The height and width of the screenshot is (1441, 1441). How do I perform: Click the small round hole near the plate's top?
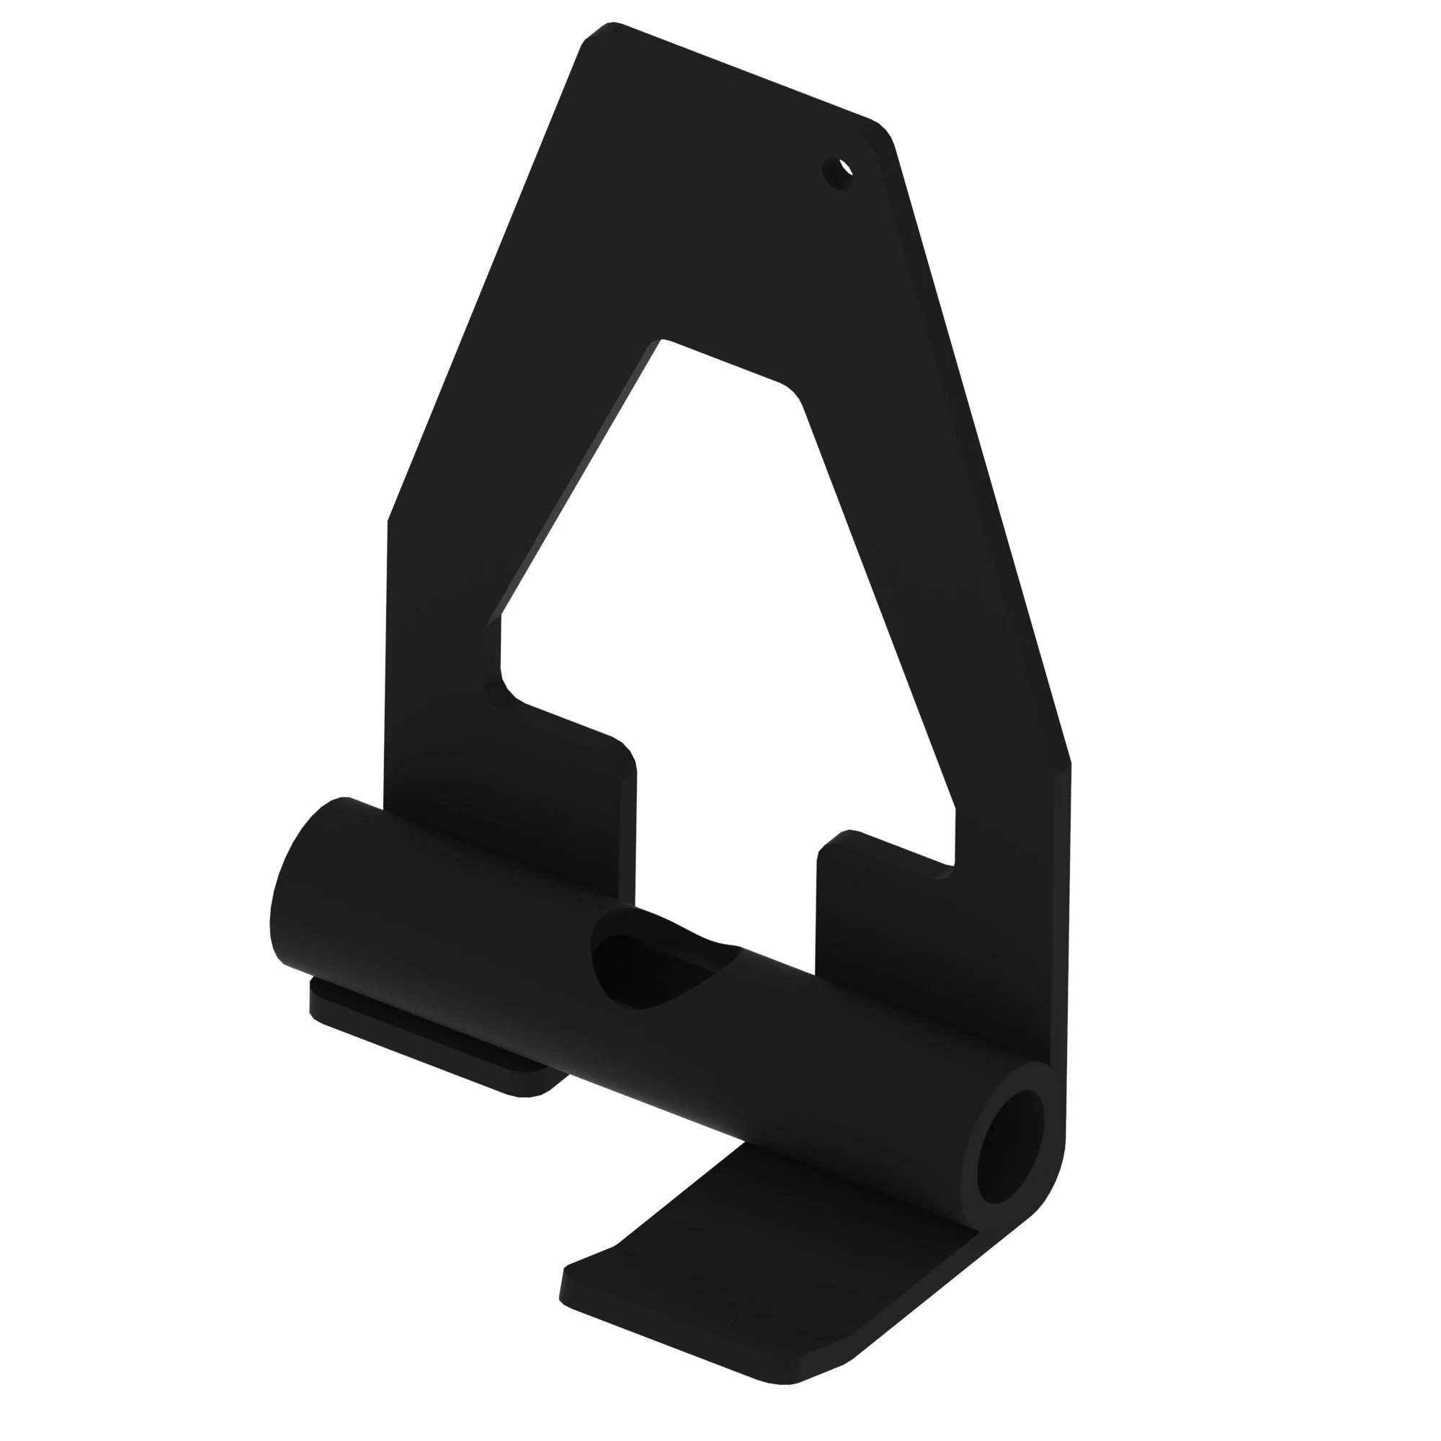pos(839,173)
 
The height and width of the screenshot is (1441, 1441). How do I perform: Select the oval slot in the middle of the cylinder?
pos(649,971)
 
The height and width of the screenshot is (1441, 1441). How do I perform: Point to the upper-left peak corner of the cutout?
pos(661,343)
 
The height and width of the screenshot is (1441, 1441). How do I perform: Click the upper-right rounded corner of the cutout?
pos(790,391)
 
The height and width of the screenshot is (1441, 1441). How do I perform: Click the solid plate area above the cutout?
pos(708,224)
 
